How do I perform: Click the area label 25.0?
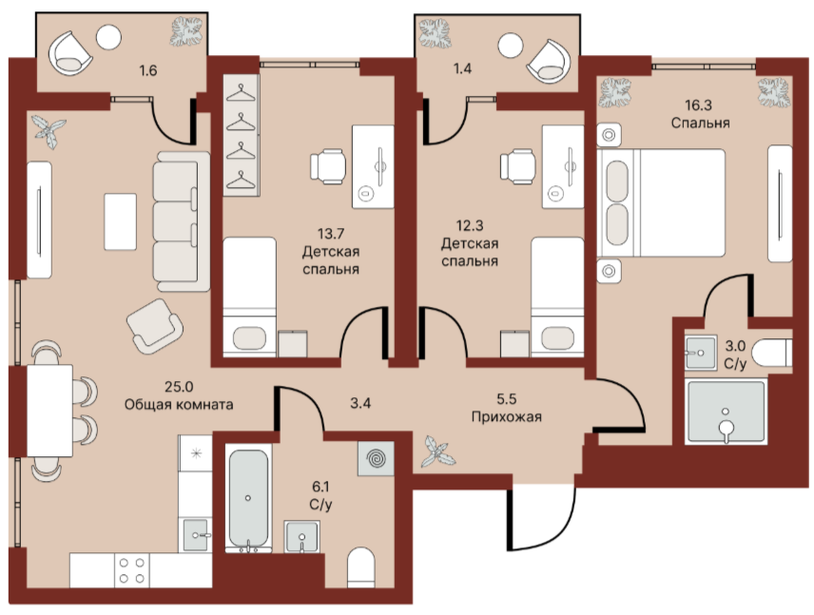[179, 387]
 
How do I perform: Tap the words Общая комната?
[179, 404]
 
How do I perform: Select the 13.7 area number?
[331, 234]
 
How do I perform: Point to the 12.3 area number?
[470, 225]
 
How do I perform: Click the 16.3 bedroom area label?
[698, 106]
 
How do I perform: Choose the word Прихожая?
[506, 416]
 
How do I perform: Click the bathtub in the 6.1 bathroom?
[248, 499]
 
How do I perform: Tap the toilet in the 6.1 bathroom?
[360, 567]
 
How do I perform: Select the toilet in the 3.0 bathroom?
[772, 353]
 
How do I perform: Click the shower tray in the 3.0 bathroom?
[727, 412]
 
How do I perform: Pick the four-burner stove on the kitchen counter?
[132, 570]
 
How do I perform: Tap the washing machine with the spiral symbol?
[376, 458]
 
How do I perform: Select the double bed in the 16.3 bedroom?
[661, 202]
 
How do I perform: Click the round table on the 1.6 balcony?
[109, 37]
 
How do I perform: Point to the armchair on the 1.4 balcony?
[548, 62]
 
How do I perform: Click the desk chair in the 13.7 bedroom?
[328, 166]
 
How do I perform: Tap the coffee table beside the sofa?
[121, 221]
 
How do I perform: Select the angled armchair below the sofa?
[155, 326]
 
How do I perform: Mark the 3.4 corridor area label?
[360, 403]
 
